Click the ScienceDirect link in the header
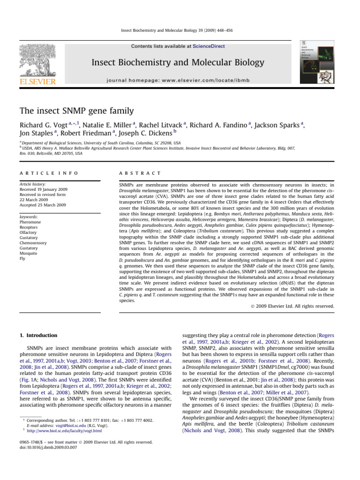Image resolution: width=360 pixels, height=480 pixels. coord(210,46)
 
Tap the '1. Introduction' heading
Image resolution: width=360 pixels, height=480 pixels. coord(38,335)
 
